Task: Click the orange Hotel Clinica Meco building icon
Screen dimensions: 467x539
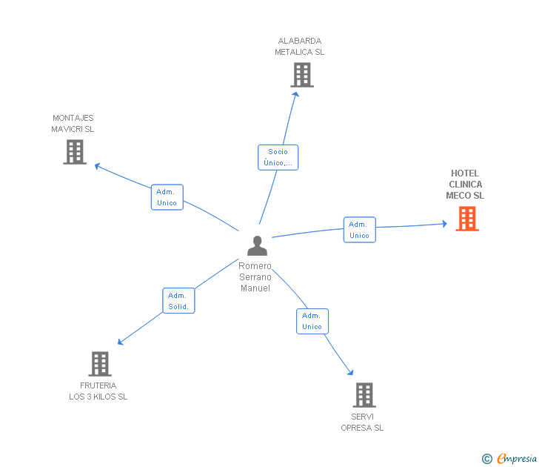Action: (466, 219)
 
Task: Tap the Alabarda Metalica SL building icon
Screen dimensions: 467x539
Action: (301, 75)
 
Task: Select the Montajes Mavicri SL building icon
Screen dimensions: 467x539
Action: (75, 152)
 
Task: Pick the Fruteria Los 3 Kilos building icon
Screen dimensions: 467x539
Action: (100, 364)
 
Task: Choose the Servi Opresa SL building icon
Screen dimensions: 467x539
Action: (364, 395)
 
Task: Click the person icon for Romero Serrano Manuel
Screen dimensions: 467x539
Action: (257, 245)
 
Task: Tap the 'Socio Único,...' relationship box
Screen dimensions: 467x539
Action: (278, 157)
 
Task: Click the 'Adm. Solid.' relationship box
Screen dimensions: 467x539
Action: (178, 301)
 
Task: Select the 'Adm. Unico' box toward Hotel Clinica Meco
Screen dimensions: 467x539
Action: (359, 230)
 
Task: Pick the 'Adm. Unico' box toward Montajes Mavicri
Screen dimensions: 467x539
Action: (167, 197)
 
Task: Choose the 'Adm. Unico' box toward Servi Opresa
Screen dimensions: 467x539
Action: (312, 321)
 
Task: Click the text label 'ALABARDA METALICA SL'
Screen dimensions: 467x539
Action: (300, 47)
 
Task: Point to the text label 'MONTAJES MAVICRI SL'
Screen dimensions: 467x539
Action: (73, 123)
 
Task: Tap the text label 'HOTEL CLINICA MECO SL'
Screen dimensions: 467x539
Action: (465, 185)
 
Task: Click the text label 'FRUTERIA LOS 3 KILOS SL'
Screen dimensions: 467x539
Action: (98, 391)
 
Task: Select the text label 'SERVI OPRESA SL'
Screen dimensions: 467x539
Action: (362, 422)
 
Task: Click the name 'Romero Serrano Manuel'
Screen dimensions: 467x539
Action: (255, 277)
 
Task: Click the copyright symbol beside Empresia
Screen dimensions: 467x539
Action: (486, 459)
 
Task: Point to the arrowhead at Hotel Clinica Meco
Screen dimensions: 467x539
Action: (444, 223)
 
